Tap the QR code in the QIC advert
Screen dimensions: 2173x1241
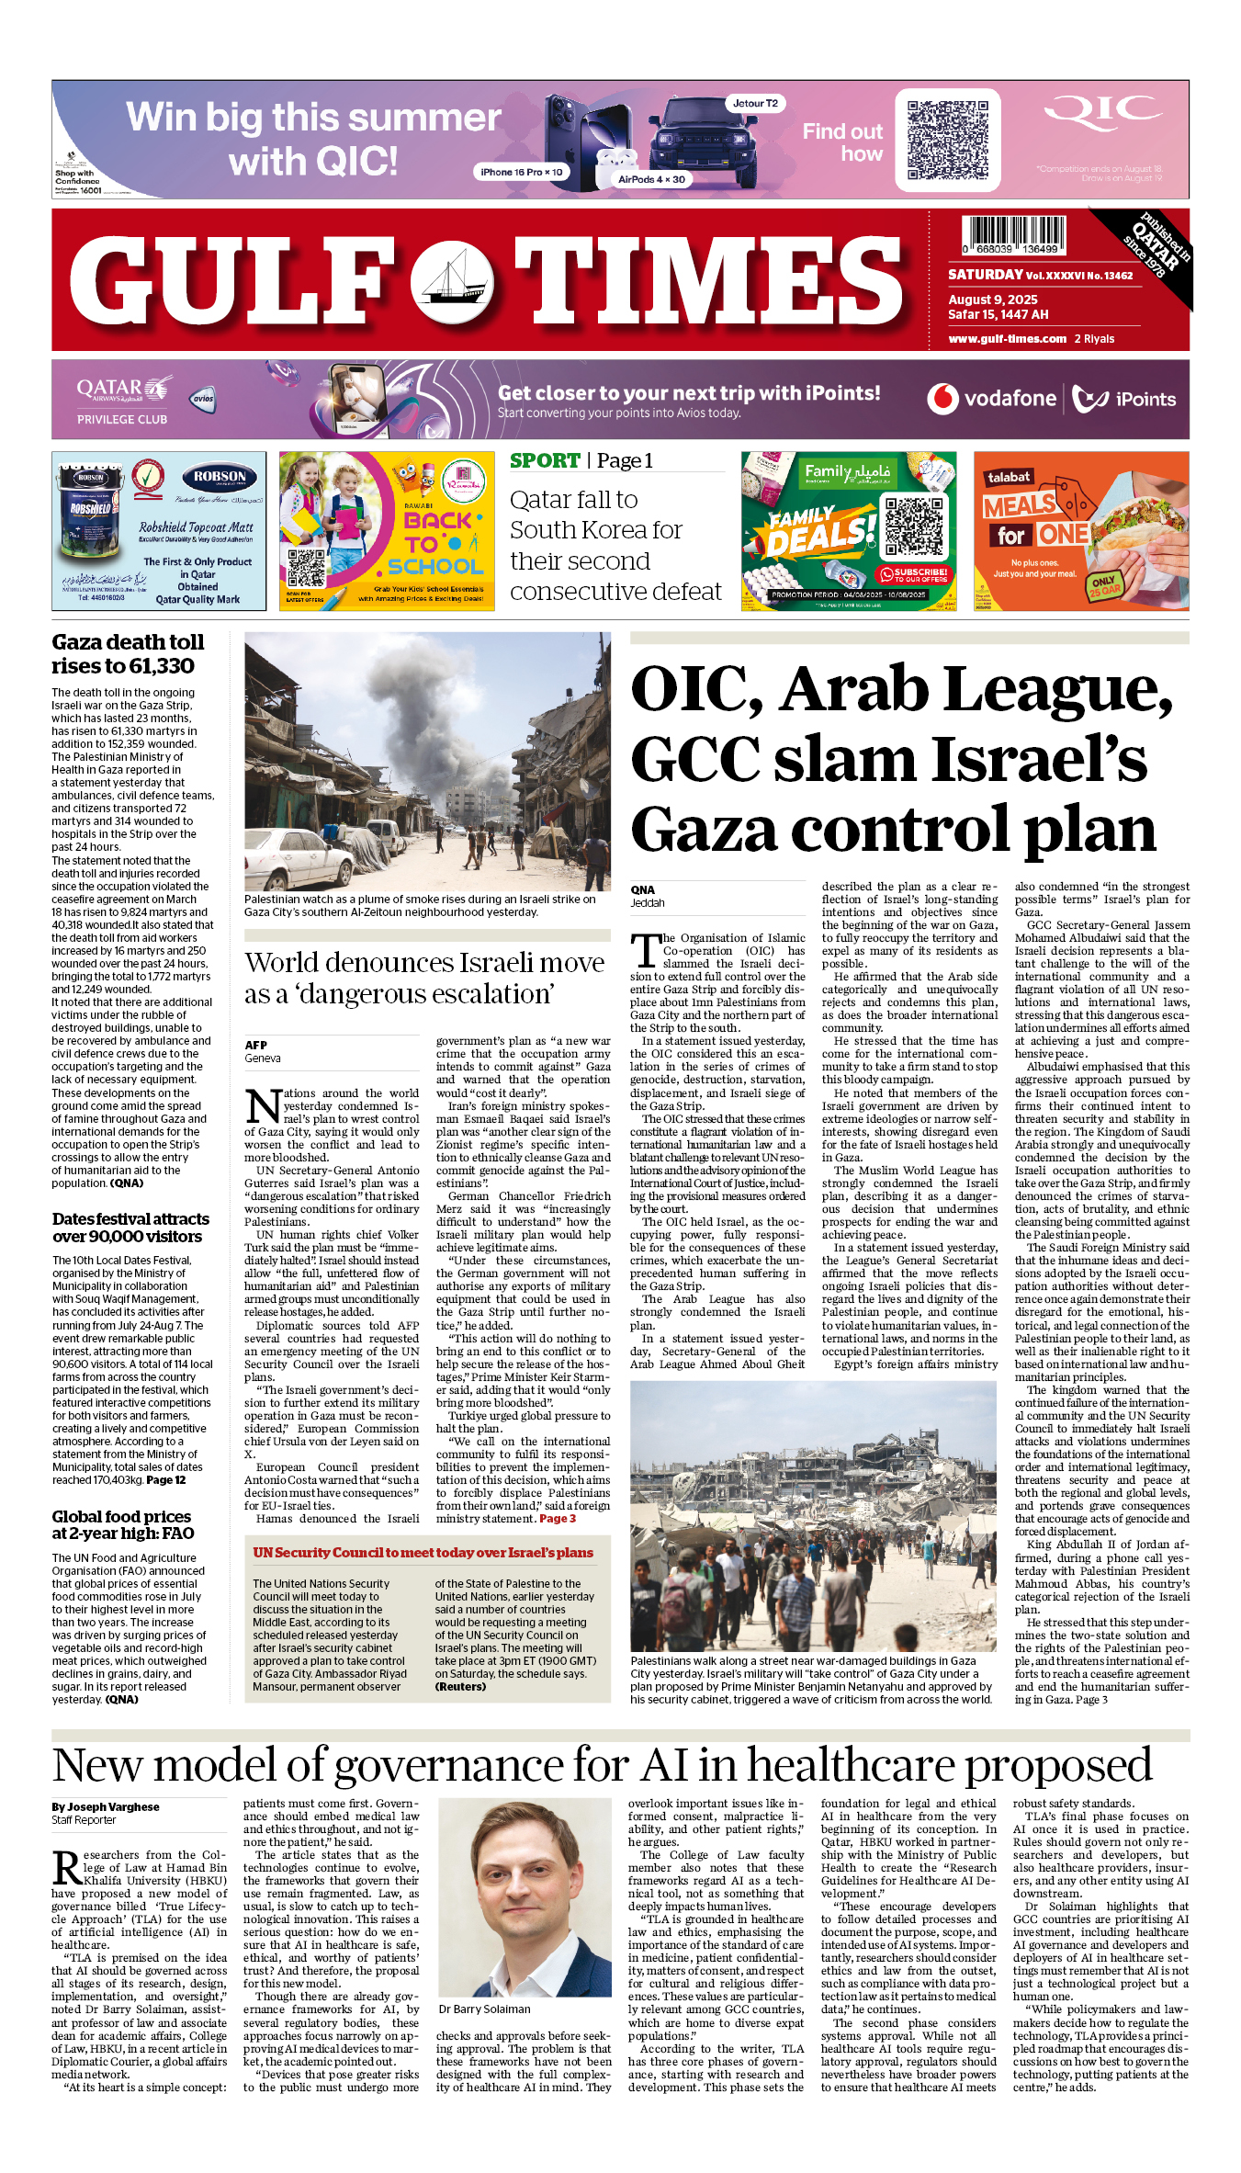(x=947, y=140)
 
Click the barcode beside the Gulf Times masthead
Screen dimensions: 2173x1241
(x=1013, y=236)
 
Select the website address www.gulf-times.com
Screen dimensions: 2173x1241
(x=1007, y=339)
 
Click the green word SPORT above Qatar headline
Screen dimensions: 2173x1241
(x=545, y=461)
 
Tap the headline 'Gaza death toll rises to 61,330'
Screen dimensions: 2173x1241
(x=128, y=654)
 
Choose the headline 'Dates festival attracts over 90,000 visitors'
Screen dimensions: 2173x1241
(x=130, y=1228)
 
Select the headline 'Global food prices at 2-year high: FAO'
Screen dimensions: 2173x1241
(x=123, y=1524)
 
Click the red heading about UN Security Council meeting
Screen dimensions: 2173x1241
(x=423, y=1553)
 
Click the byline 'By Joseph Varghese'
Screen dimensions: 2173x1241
(x=106, y=1806)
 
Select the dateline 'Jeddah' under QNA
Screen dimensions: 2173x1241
(x=648, y=903)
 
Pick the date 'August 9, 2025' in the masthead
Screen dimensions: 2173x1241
(x=993, y=300)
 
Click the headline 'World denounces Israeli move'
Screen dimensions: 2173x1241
(x=424, y=963)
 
